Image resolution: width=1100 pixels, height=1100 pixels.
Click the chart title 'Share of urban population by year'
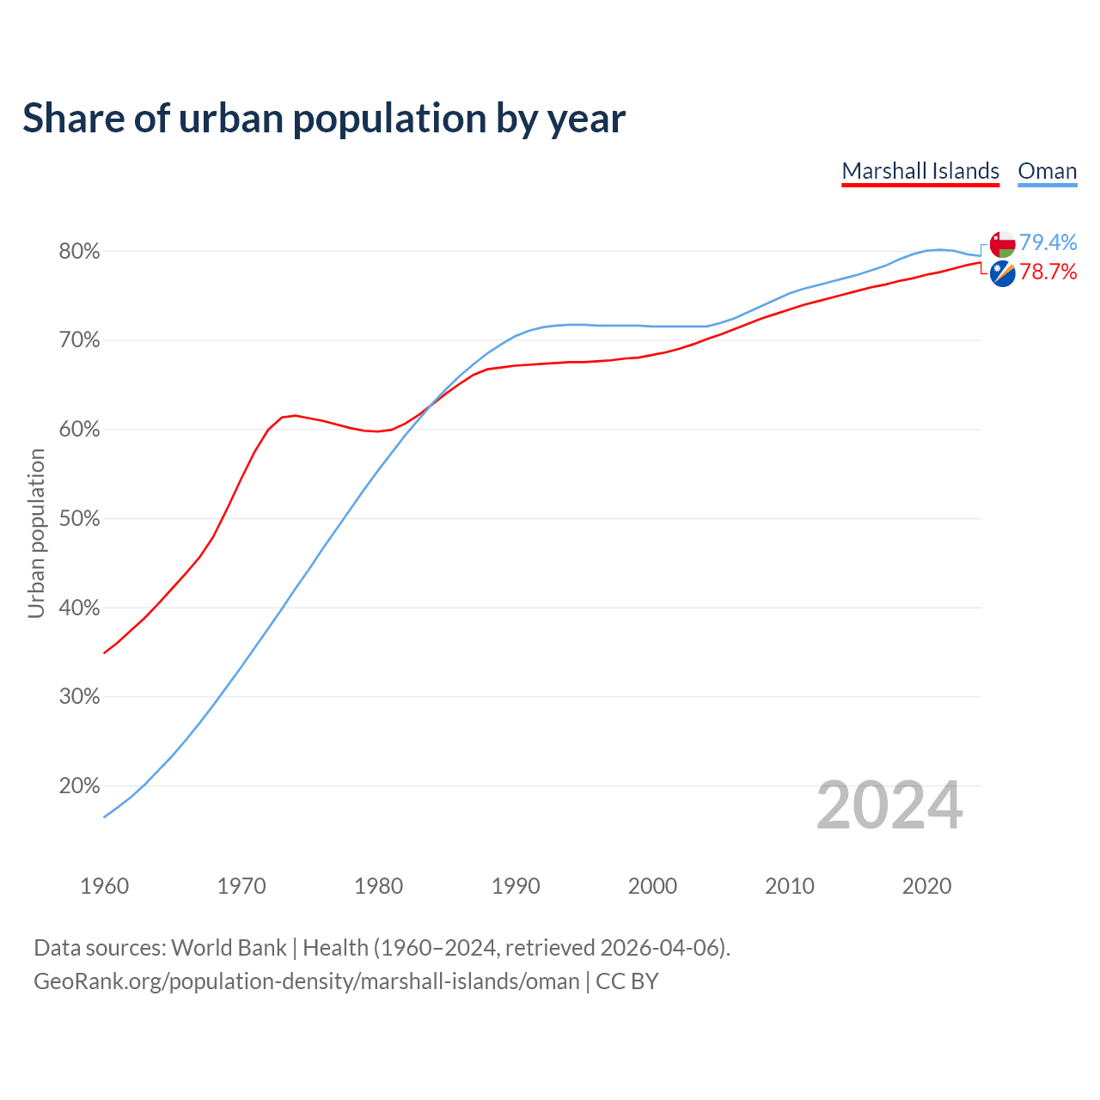pos(324,119)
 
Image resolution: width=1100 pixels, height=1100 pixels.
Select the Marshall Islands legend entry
pos(920,171)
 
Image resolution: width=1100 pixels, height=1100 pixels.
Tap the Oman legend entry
pos(1047,171)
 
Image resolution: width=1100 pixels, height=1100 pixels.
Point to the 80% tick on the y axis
pos(79,252)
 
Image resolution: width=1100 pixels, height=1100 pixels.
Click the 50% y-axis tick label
pos(79,519)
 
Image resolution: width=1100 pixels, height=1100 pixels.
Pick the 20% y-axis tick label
pos(79,786)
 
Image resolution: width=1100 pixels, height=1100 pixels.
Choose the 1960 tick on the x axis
pos(104,886)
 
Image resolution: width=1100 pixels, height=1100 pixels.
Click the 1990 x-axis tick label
pos(516,886)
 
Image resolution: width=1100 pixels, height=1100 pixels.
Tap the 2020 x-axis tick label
pos(926,886)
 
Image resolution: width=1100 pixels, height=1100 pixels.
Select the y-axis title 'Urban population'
pos(36,534)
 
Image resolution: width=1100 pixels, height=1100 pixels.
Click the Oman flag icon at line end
pos(1002,244)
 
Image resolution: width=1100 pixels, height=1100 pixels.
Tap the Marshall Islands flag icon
pos(1002,274)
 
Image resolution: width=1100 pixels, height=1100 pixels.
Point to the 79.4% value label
pos(1048,243)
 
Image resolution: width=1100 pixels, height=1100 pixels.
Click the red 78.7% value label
pos(1048,272)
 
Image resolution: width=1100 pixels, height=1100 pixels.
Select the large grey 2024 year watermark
pos(889,806)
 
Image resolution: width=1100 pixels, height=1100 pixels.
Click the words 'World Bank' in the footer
pos(229,948)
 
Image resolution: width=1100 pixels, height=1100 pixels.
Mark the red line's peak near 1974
pos(296,416)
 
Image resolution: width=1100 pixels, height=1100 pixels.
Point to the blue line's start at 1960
pos(105,816)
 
